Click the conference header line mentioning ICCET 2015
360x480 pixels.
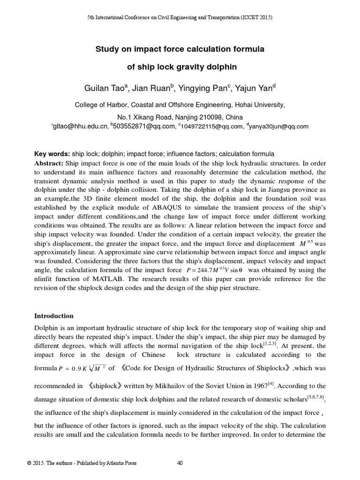[x=180, y=17]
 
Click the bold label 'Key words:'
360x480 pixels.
[x=52, y=154]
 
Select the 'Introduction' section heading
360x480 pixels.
[x=54, y=316]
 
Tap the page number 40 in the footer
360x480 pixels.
[x=180, y=464]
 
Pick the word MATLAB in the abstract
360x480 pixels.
[x=104, y=279]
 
